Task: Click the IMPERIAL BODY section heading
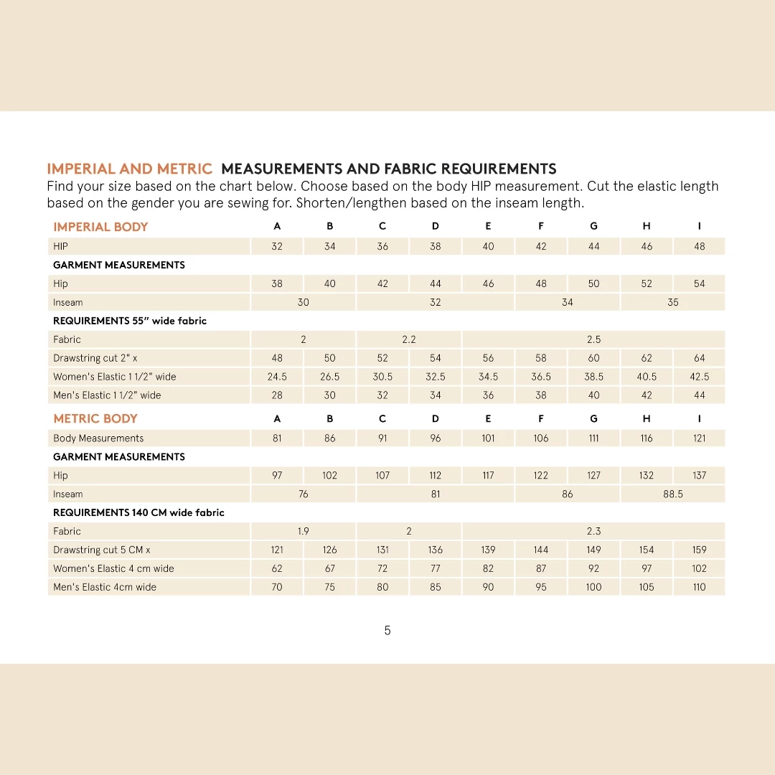click(x=100, y=227)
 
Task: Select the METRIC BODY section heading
click(x=95, y=418)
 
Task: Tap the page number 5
click(x=387, y=631)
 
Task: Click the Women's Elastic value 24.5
click(x=277, y=377)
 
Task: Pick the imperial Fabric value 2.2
click(x=409, y=339)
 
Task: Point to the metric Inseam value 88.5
click(x=673, y=494)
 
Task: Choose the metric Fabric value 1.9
click(x=304, y=531)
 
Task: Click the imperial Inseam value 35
click(x=673, y=302)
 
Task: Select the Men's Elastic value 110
click(x=700, y=587)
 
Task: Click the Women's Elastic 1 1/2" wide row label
click(x=115, y=377)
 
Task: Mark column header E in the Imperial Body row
click(x=488, y=226)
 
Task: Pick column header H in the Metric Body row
click(x=647, y=418)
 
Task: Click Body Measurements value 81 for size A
click(x=277, y=438)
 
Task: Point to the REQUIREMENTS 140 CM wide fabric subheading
click(x=138, y=512)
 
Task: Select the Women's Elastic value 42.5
click(x=700, y=377)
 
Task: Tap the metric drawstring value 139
click(x=488, y=550)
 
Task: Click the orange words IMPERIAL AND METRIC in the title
click(x=130, y=169)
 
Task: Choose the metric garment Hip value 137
click(x=700, y=475)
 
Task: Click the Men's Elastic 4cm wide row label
click(x=105, y=587)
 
